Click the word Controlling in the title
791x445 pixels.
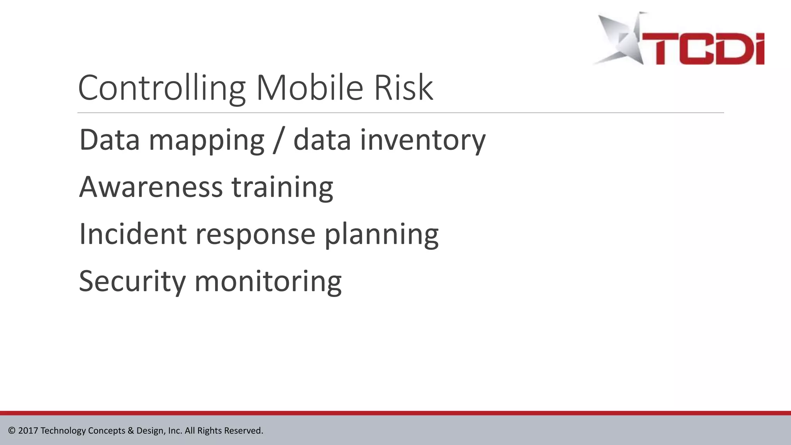[161, 89]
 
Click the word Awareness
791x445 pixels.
[151, 187]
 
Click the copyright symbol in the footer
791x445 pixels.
[12, 431]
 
